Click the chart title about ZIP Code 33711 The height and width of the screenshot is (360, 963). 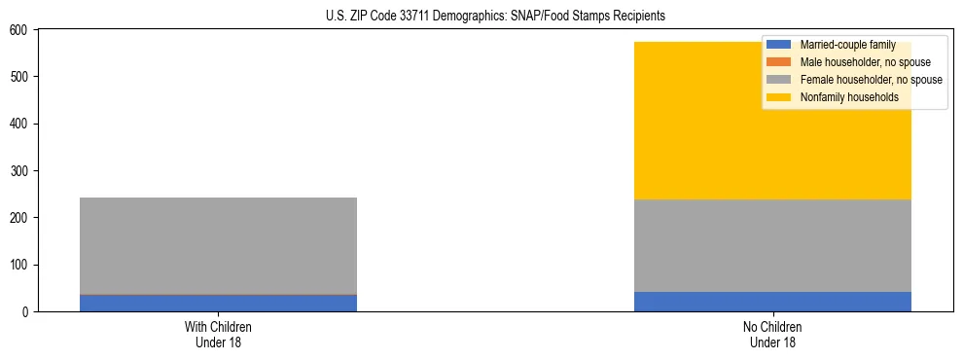pos(481,17)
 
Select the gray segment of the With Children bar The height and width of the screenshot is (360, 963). pos(218,245)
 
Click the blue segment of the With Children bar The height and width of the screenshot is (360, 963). pos(218,303)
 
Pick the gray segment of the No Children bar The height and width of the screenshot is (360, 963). pos(772,245)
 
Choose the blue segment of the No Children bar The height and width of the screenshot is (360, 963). pos(772,302)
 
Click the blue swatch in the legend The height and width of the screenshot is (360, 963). pos(778,45)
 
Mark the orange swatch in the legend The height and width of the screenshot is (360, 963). pos(778,62)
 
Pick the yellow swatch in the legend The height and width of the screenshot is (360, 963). pos(778,97)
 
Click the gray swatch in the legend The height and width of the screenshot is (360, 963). pos(778,80)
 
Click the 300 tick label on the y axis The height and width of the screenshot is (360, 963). pos(19,171)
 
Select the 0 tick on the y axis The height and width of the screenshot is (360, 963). pos(26,312)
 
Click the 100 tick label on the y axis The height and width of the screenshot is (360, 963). pos(19,266)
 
